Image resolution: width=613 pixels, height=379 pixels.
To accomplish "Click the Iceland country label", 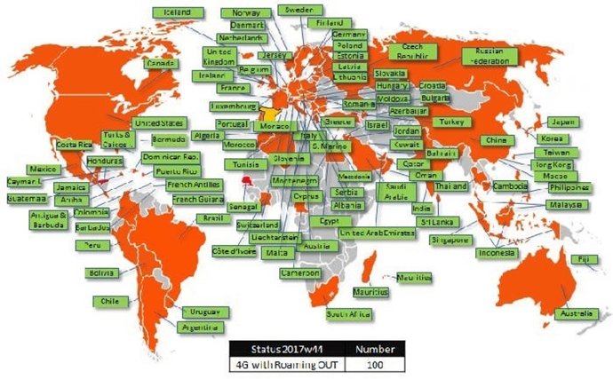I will tap(173, 12).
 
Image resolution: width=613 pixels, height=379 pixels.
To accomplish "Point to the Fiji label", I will tap(583, 259).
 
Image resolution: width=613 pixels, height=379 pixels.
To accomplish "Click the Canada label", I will tap(161, 64).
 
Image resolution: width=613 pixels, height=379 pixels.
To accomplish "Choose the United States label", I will tap(158, 123).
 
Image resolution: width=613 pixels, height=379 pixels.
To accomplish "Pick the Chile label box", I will tap(109, 301).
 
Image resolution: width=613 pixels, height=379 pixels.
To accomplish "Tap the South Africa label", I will tap(347, 312).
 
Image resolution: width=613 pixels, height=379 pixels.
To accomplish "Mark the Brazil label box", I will tap(213, 217).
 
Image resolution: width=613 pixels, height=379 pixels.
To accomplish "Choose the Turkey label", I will tap(446, 121).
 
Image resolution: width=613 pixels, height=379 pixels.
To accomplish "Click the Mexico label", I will tap(44, 169).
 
